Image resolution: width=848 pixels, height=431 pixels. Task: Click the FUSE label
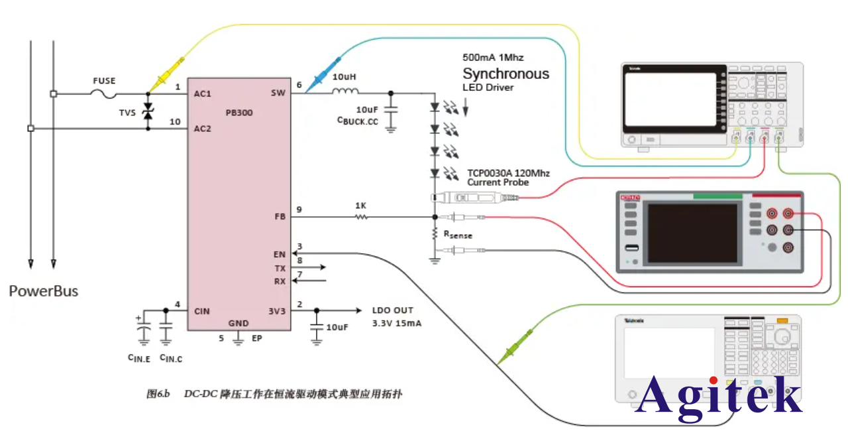[x=103, y=81]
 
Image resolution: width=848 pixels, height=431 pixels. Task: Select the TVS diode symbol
[x=148, y=113]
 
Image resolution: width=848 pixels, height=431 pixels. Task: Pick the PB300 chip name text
[x=238, y=113]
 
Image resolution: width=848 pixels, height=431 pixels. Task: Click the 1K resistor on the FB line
[x=361, y=216]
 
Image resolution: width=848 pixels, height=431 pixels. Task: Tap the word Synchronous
[x=505, y=74]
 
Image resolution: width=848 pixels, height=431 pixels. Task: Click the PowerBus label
[x=44, y=290]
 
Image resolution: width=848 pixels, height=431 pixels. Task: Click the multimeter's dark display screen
[x=692, y=233]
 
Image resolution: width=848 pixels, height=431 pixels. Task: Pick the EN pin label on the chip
[x=279, y=254]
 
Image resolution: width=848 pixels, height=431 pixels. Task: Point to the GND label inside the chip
[x=238, y=324]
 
